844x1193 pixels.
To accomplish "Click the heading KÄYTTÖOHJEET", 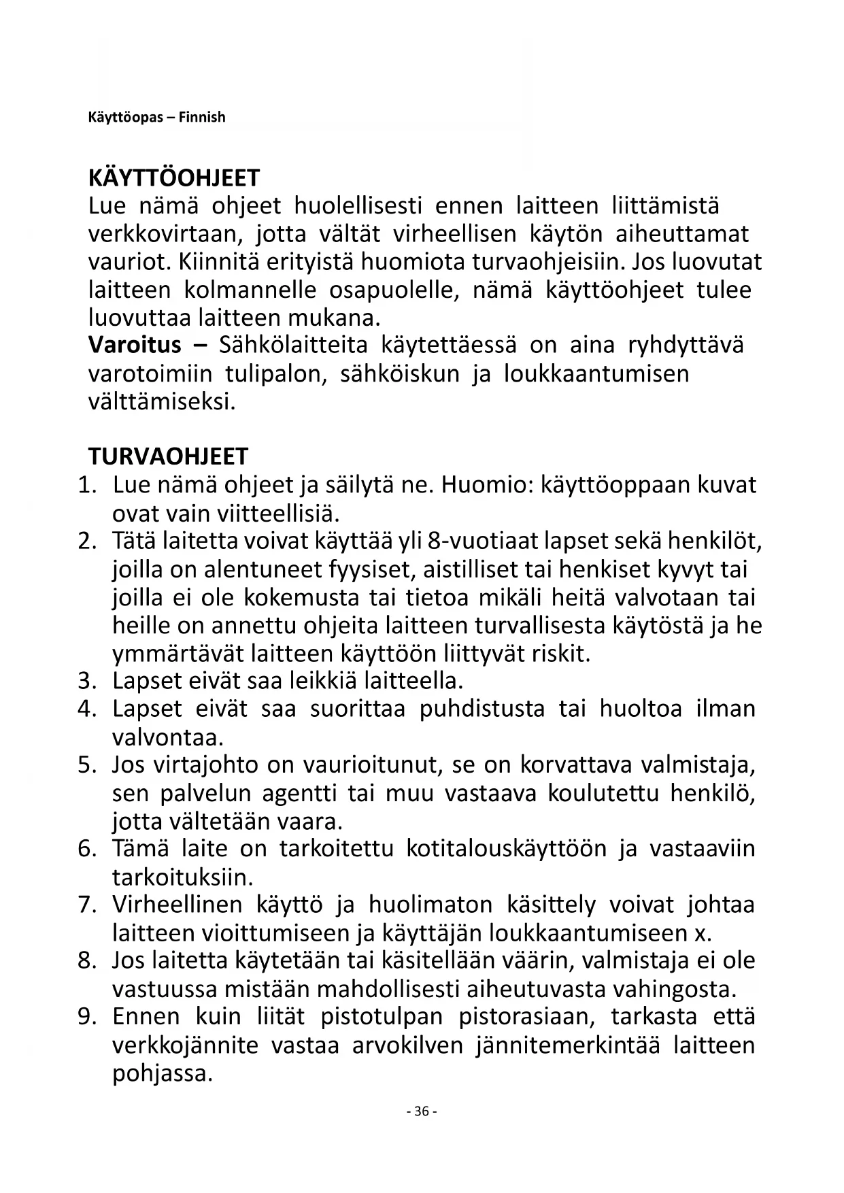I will (174, 178).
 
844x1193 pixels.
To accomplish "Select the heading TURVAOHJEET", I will (169, 456).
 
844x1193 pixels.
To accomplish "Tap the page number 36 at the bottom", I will (422, 1111).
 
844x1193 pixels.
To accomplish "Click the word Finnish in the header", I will (202, 117).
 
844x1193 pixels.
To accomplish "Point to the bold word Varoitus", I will (135, 345).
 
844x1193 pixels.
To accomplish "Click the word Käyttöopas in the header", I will (126, 117).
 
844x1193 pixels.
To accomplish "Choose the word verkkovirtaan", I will (165, 234).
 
